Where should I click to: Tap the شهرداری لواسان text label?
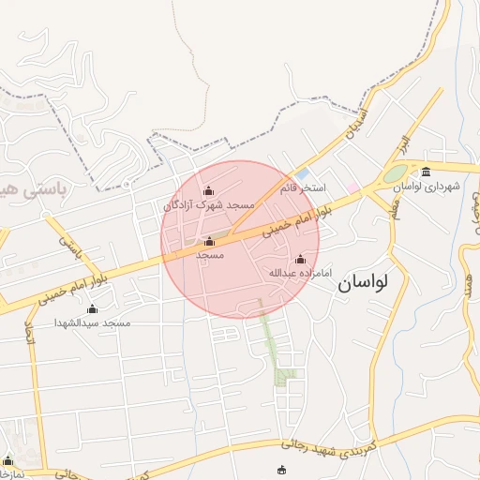click(x=427, y=187)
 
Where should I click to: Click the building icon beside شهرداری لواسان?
click(x=427, y=171)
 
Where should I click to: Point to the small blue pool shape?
click(x=302, y=174)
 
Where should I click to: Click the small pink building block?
click(x=352, y=187)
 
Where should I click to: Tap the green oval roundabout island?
click(x=395, y=174)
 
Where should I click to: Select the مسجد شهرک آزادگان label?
click(x=210, y=204)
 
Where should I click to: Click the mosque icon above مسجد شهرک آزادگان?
click(x=208, y=191)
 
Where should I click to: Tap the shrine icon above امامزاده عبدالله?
click(x=300, y=260)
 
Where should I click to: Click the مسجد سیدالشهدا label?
click(x=93, y=323)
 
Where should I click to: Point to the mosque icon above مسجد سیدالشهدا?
click(x=92, y=309)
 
